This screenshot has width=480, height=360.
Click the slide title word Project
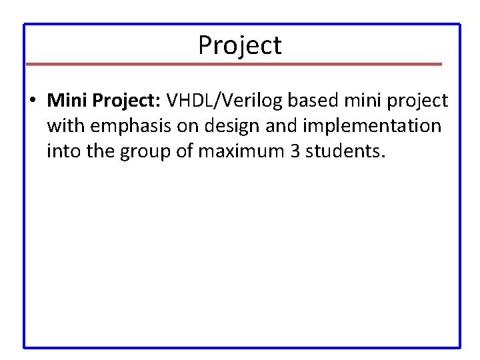coord(240,45)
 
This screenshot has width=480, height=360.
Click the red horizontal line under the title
coord(233,64)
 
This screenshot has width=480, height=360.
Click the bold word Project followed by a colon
coord(127,101)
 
